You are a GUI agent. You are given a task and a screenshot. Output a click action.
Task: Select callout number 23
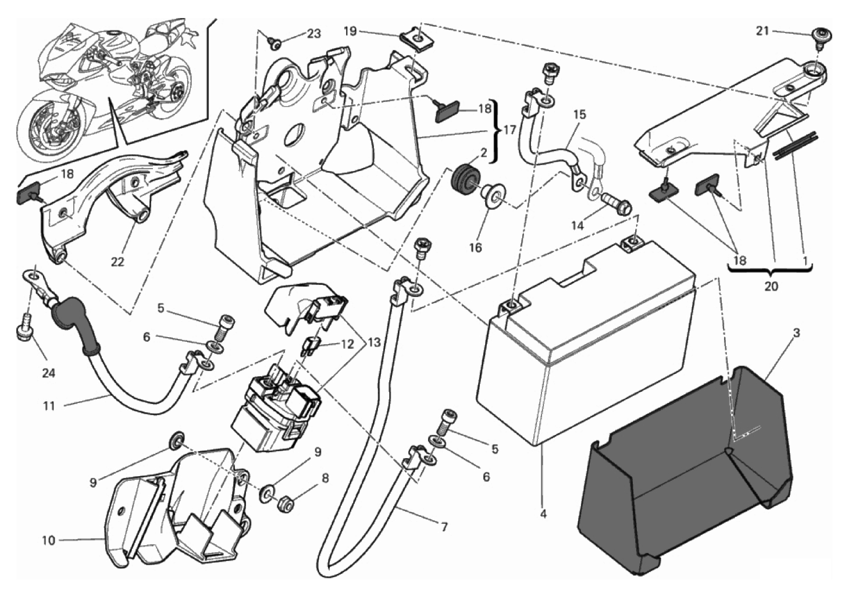pyautogui.click(x=313, y=33)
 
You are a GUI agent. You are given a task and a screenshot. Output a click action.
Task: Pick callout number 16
pyautogui.click(x=475, y=248)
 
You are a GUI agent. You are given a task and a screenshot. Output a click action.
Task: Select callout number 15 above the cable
pyautogui.click(x=579, y=115)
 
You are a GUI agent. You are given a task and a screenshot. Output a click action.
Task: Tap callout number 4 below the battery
pyautogui.click(x=543, y=514)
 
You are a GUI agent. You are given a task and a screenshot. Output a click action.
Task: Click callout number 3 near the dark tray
pyautogui.click(x=796, y=333)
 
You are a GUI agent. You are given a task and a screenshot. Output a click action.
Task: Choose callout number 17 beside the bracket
pyautogui.click(x=509, y=130)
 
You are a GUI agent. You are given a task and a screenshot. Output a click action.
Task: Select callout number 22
pyautogui.click(x=117, y=262)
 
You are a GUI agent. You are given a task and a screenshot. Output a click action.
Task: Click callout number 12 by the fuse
pyautogui.click(x=347, y=344)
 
